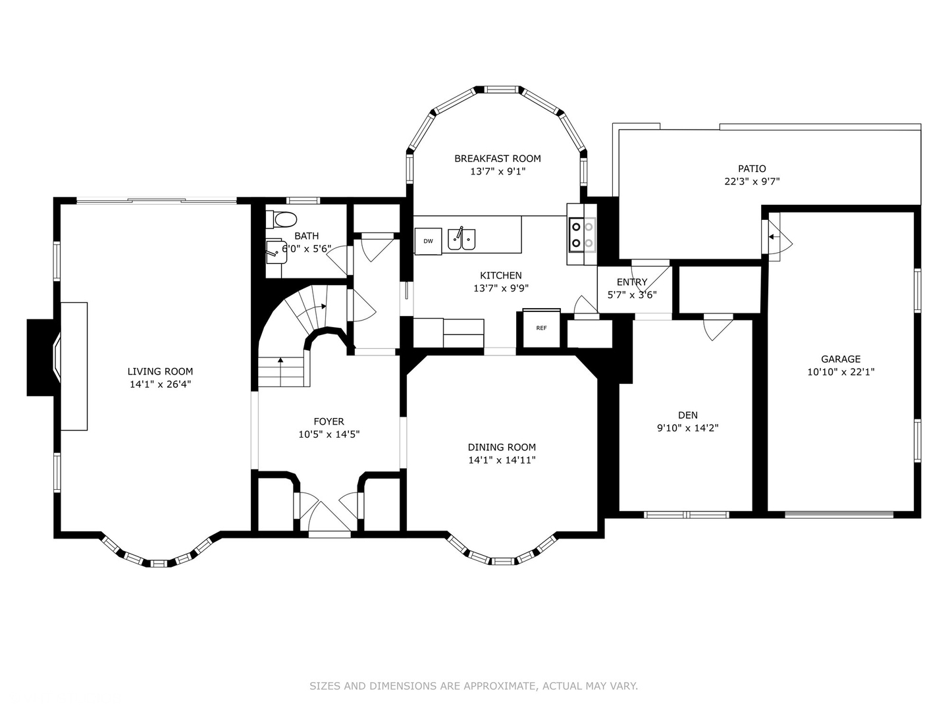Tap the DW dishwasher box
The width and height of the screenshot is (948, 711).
click(428, 242)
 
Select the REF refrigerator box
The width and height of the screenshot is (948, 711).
click(542, 328)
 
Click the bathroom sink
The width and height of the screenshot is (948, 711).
click(275, 251)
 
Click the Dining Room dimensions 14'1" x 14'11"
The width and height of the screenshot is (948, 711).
click(502, 460)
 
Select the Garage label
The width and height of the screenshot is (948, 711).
click(841, 359)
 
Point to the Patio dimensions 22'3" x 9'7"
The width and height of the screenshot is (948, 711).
click(752, 181)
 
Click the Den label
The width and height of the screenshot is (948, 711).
click(687, 415)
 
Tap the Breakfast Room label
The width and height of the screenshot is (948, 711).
click(498, 159)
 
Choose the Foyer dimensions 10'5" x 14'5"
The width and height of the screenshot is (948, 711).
click(329, 434)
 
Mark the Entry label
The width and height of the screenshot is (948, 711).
click(632, 282)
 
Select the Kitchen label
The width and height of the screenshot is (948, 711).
click(501, 275)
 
